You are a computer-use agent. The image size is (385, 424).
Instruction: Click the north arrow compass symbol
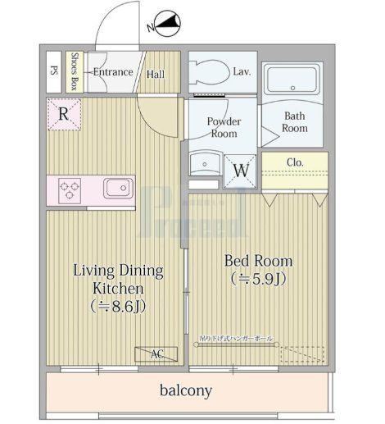click(167, 27)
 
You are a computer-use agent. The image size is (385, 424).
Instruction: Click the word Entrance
click(112, 72)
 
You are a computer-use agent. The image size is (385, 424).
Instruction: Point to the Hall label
click(156, 74)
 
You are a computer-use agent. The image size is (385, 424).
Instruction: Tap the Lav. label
click(241, 72)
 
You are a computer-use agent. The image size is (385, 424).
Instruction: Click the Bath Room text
click(295, 122)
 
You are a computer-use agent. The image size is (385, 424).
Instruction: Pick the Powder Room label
click(222, 127)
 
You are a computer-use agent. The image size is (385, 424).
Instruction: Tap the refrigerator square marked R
click(63, 114)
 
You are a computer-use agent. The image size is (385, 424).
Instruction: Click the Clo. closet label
click(295, 162)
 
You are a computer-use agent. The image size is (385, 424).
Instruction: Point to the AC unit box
click(156, 354)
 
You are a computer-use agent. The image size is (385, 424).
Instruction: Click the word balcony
click(186, 390)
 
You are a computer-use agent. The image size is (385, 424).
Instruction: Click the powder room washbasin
click(201, 164)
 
